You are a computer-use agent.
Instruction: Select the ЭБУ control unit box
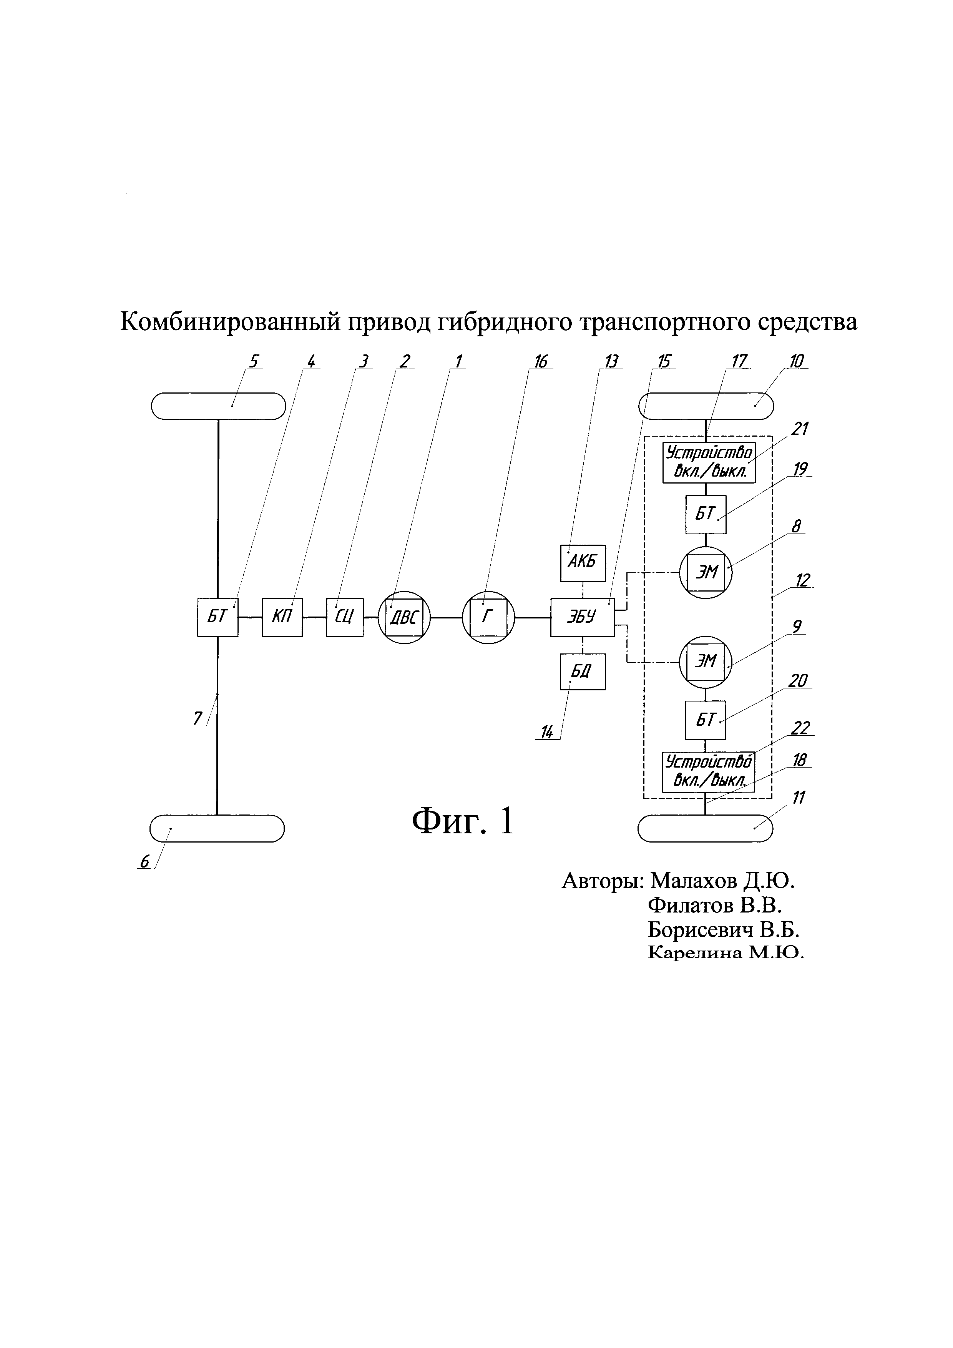tap(582, 617)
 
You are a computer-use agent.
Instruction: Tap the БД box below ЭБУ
tap(583, 671)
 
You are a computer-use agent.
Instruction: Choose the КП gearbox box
tap(282, 617)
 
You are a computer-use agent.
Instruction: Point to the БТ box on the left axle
tap(218, 617)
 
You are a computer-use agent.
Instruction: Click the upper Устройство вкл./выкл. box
tap(708, 463)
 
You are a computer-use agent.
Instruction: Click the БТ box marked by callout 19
tap(706, 514)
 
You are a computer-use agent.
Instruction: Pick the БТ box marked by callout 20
tap(706, 720)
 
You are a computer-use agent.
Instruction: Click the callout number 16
tap(540, 362)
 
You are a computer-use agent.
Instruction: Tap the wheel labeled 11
tap(706, 828)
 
